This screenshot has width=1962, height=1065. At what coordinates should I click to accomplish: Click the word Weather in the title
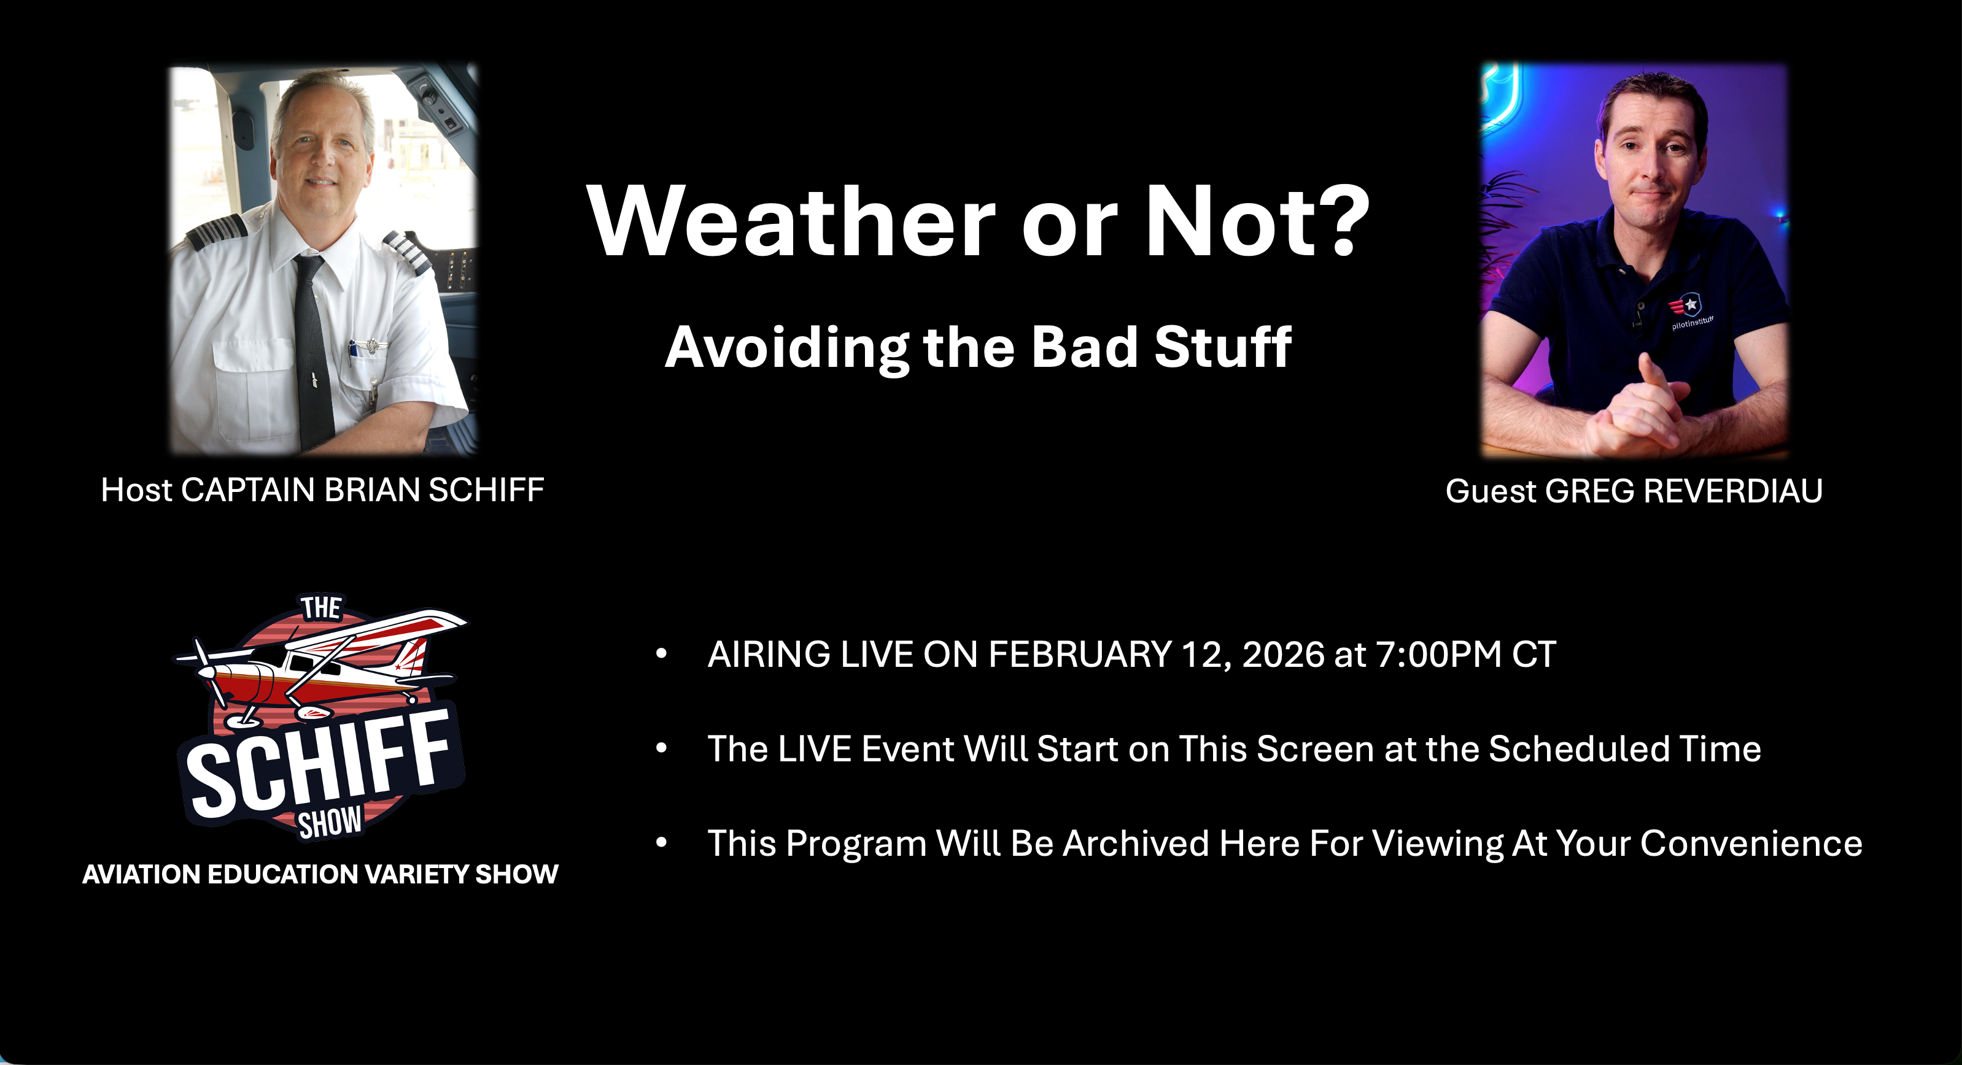(x=791, y=221)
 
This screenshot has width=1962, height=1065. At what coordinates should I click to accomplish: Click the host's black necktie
(x=312, y=350)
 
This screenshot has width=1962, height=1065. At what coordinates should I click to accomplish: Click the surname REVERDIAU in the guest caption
(x=1733, y=491)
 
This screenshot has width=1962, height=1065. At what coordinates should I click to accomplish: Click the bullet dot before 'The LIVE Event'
(x=661, y=749)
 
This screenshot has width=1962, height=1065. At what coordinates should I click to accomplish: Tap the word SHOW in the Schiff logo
(x=330, y=823)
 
